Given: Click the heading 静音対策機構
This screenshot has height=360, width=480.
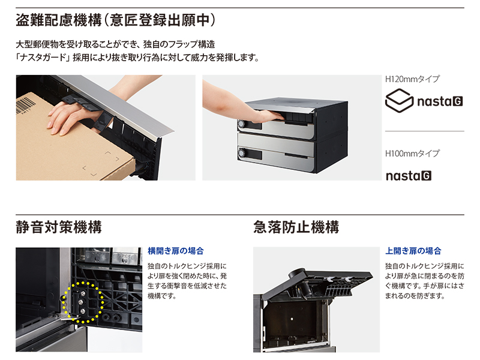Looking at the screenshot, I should coord(59,227).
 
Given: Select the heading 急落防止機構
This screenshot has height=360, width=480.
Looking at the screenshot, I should coord(296,227).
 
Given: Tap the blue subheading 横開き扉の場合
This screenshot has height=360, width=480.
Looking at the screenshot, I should coord(175,251).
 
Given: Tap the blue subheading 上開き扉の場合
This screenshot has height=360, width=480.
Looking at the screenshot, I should coord(413,251).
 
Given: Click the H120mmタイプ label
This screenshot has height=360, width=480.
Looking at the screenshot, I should coord(412,79).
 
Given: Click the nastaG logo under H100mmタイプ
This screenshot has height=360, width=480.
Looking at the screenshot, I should coord(409,176).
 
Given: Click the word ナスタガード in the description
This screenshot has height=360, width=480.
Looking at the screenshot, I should coord(43,58).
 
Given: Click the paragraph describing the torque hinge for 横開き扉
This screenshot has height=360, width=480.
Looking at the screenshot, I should coord(187,280).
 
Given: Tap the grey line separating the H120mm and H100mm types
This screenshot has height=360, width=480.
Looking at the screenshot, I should coord(424,131).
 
